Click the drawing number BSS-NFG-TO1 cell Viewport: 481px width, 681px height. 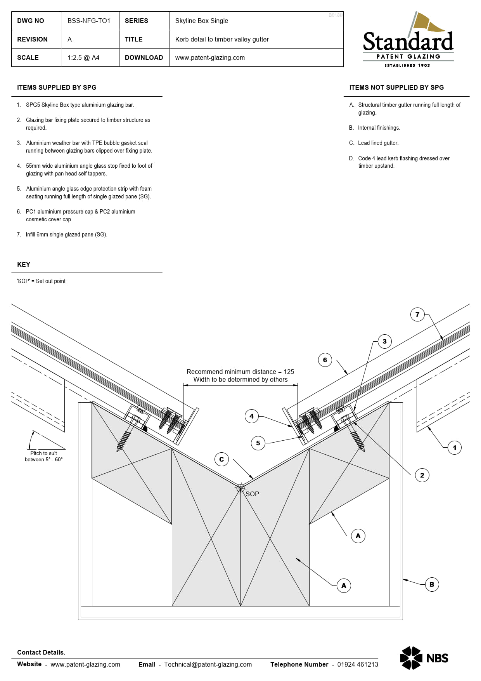coord(89,21)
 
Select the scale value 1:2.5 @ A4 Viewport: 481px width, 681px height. coord(83,58)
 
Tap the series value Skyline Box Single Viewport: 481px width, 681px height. coord(201,21)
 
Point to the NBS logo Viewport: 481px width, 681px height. coord(424,658)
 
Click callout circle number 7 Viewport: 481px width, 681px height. coord(417,314)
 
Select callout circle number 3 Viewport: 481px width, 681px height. coord(384,342)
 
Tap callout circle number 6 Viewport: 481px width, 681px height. coord(325,360)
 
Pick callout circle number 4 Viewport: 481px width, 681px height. coord(252,416)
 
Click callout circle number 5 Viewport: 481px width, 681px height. coord(258,443)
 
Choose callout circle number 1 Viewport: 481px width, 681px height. coord(455,448)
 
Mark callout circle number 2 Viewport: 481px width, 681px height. coord(422,475)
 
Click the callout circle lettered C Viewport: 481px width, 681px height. coord(221,459)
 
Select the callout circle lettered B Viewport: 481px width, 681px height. coord(432,584)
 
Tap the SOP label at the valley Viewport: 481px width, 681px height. coord(253,494)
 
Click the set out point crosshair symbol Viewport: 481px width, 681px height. coord(240,488)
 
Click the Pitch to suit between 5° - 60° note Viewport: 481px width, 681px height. coord(43,456)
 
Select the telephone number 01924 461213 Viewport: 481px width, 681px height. coord(357,664)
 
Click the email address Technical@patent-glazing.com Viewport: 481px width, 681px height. coord(208,664)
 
